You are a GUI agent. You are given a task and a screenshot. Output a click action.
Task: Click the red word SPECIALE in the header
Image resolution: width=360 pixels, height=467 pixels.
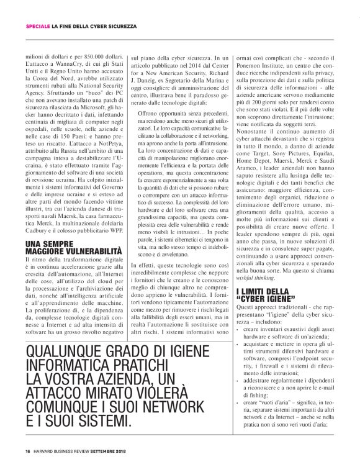(x=37, y=26)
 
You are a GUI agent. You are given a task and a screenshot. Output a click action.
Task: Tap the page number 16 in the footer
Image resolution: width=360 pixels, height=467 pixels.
(x=28, y=450)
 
